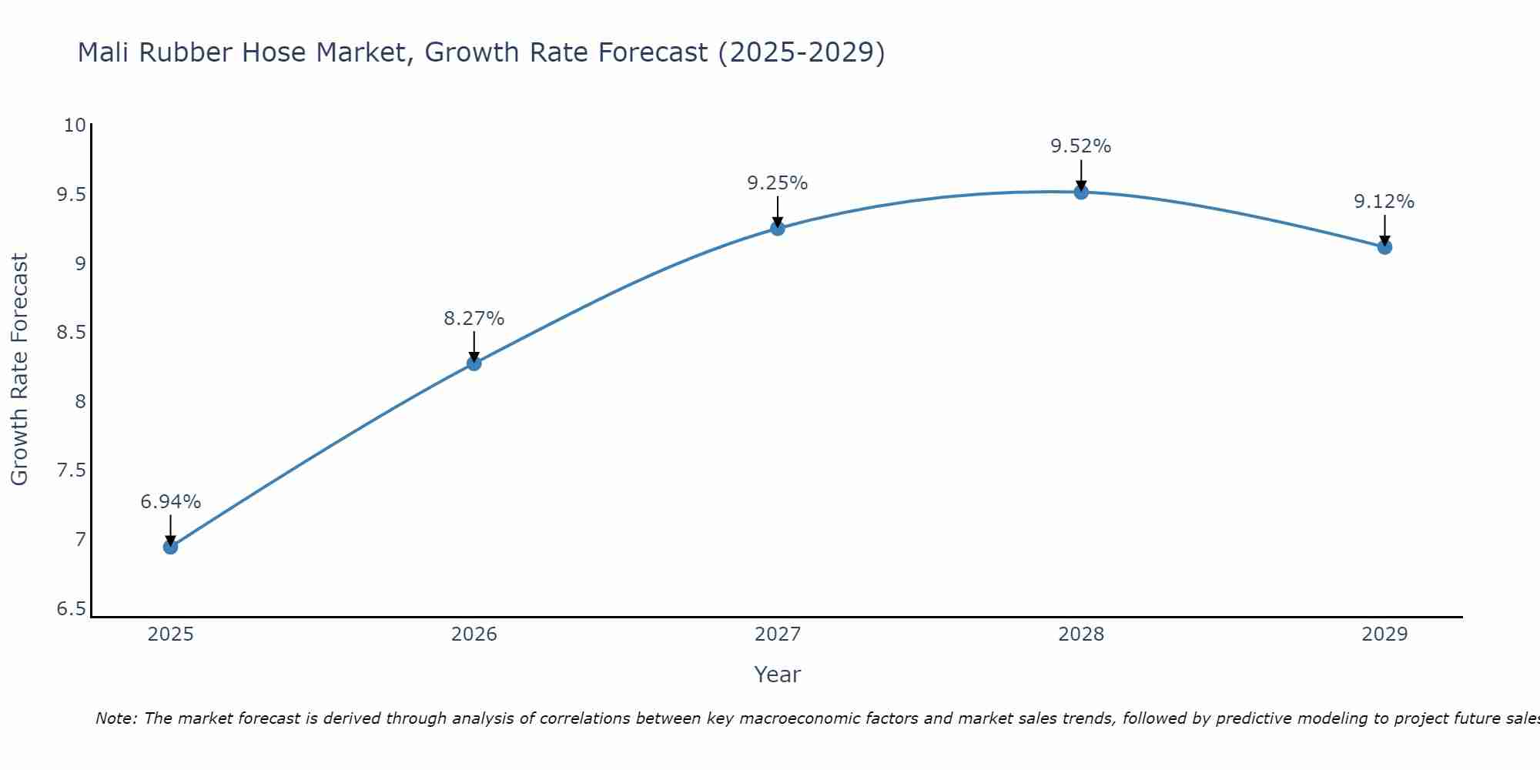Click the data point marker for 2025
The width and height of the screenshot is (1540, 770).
click(170, 547)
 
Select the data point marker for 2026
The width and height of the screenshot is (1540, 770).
click(474, 363)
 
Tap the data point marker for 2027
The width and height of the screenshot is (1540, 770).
click(777, 228)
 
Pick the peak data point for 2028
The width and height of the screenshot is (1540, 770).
click(1080, 192)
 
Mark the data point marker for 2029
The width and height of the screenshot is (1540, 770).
click(1384, 247)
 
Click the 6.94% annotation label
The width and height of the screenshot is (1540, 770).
click(170, 502)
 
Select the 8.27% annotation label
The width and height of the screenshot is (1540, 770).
click(474, 318)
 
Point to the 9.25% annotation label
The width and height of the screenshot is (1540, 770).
click(777, 183)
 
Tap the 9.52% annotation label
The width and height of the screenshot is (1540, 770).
click(1080, 146)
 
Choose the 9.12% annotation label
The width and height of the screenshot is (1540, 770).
click(1384, 202)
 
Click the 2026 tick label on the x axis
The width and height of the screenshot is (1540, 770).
click(474, 634)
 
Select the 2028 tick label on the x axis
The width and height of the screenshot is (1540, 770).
click(1080, 634)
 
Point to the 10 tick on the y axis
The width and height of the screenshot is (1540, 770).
click(75, 125)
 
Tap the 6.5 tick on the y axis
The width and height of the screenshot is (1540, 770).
click(72, 609)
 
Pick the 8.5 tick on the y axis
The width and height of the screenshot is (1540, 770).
click(72, 333)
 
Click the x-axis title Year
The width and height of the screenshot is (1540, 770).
click(777, 675)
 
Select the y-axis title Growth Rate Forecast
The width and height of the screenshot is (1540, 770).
click(19, 370)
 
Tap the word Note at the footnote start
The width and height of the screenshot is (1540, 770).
click(115, 718)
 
